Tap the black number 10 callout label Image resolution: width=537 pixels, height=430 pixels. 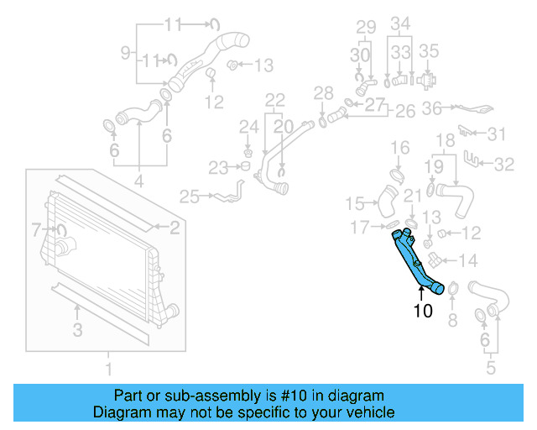[423, 311]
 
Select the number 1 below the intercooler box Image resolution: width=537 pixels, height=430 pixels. [107, 369]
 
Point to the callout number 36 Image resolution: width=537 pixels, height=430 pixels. [432, 107]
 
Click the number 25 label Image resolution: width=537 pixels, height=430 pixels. [190, 197]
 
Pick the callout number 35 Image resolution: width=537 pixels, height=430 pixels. [428, 50]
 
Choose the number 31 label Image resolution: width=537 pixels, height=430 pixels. [498, 134]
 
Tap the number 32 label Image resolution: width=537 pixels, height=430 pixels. [503, 165]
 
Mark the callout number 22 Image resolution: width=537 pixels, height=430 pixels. [275, 100]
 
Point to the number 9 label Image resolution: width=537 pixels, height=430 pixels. [125, 53]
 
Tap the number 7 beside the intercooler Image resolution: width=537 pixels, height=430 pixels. [36, 228]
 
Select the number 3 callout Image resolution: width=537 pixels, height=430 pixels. [77, 331]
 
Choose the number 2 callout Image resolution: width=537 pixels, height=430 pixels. [175, 227]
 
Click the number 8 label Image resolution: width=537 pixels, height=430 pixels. [452, 319]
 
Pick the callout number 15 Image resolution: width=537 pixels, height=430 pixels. [356, 203]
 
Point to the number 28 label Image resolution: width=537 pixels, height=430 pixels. [323, 92]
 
